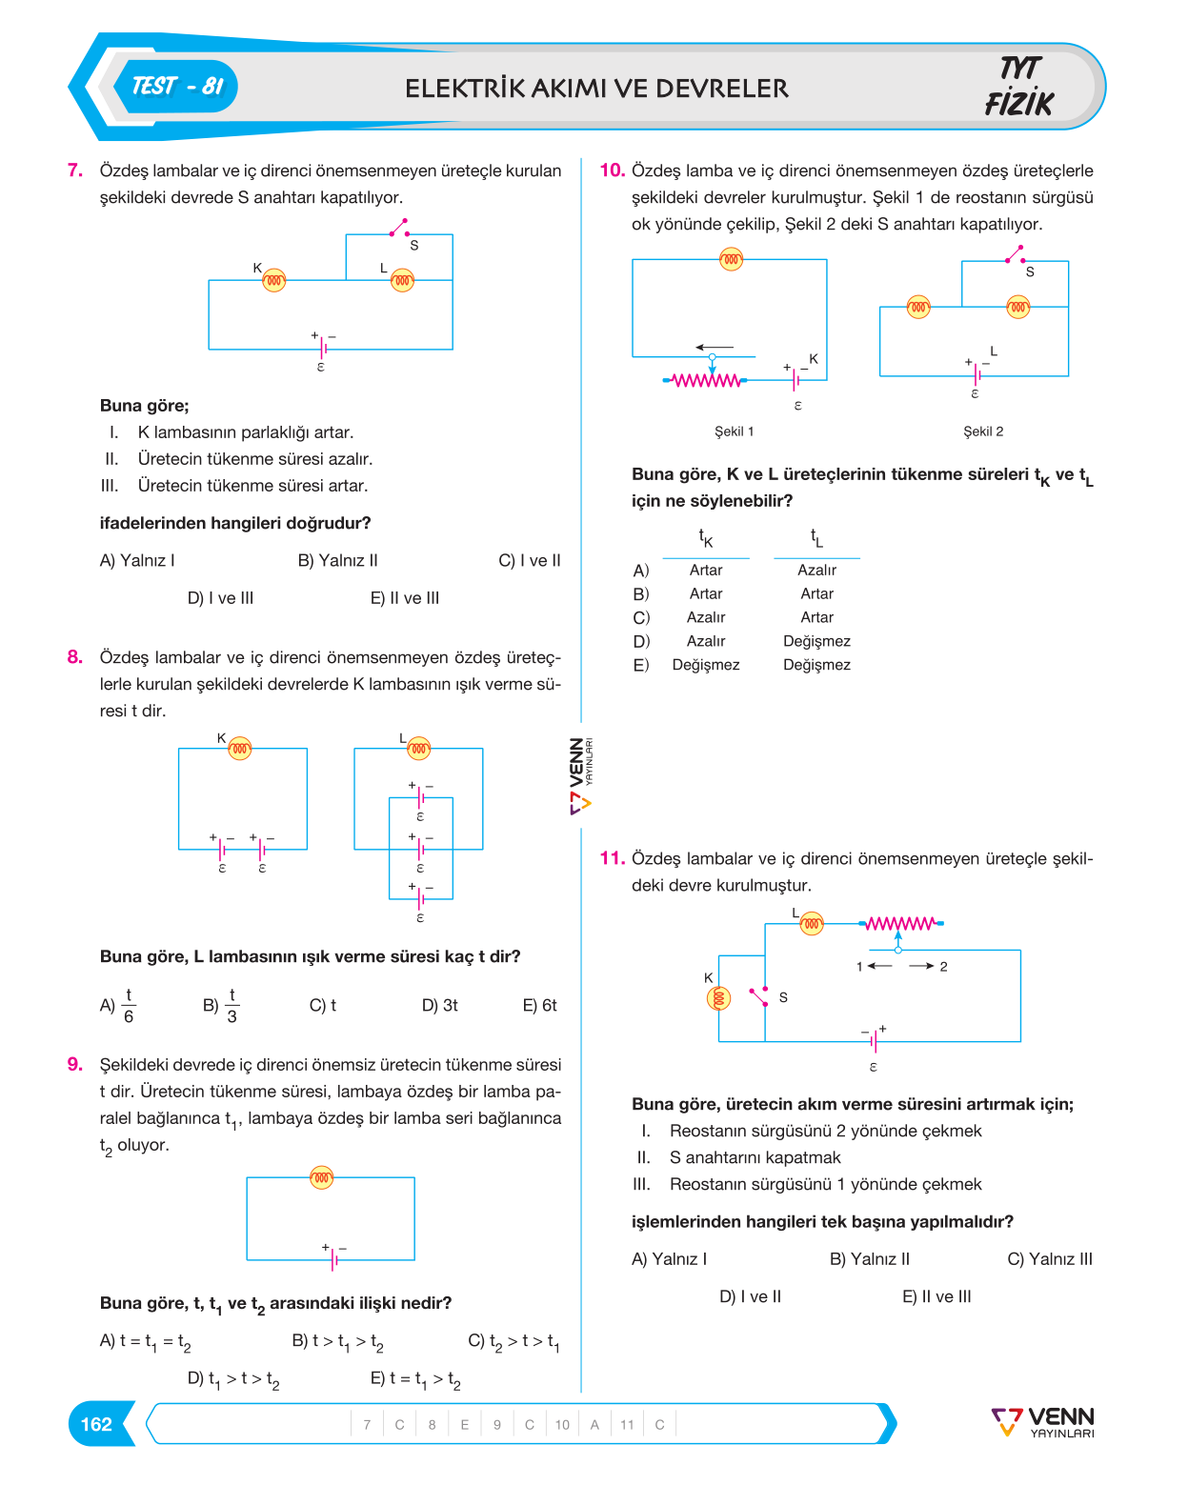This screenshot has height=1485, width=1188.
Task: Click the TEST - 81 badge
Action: [177, 87]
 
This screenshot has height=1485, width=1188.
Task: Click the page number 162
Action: [96, 1424]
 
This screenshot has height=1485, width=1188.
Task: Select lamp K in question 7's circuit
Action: [274, 280]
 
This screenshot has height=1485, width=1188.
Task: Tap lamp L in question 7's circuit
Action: [402, 280]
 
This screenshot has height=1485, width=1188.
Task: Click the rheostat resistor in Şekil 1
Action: [706, 380]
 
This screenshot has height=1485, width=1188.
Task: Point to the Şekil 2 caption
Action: [983, 431]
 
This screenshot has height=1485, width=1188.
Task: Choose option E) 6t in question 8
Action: [540, 1006]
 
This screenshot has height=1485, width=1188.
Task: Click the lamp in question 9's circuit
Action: [322, 1177]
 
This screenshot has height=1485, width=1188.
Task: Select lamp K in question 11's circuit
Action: [718, 998]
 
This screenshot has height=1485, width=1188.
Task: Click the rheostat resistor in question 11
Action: [901, 923]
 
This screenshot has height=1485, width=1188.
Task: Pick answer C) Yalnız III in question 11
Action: [1049, 1259]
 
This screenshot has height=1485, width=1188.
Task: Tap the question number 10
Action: [612, 170]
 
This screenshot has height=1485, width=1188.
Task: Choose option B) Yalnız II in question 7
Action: [337, 560]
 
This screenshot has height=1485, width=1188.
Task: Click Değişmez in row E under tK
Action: [706, 665]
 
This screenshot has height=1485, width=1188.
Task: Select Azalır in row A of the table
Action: [816, 570]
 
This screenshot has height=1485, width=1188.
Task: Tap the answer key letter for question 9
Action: [530, 1424]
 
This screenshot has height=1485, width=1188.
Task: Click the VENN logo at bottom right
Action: [1042, 1423]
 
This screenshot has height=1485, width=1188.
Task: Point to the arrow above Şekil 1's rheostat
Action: [715, 347]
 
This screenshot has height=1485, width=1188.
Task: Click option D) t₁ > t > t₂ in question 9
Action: [233, 1379]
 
